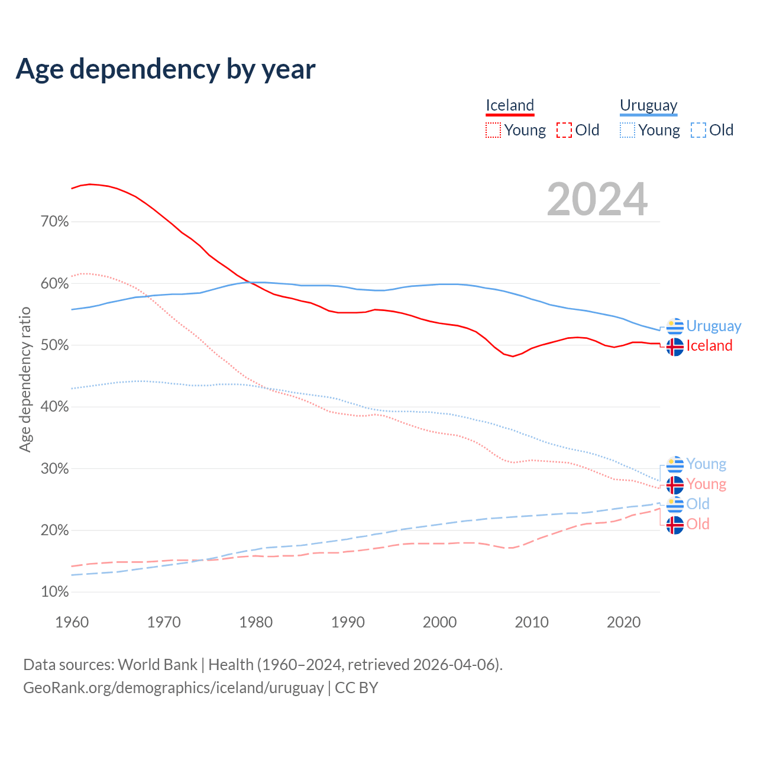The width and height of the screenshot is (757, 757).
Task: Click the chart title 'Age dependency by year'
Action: pos(166,69)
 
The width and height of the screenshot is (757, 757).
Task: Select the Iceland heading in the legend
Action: pos(510,105)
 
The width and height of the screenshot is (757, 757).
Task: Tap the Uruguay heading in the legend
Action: pos(648,105)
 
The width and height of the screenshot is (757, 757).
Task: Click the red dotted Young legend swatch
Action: pos(493,130)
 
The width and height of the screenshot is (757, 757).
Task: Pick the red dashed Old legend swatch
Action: pos(564,130)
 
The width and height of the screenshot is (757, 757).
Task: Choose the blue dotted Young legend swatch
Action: pos(627,130)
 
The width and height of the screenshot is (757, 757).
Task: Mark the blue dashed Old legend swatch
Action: pos(698,130)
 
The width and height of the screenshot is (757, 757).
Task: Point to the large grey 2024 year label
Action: pos(597,199)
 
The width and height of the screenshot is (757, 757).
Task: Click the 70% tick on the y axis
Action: pos(54,222)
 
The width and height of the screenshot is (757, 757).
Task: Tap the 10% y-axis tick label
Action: pos(54,592)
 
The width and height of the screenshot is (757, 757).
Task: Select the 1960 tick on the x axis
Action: pos(72,622)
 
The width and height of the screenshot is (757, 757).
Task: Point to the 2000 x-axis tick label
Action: pos(439,622)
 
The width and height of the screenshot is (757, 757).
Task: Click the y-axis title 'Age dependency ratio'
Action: pos(25,379)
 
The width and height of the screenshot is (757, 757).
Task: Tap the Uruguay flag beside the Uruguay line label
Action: pos(675,326)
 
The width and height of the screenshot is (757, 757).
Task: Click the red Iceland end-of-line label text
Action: pos(709,346)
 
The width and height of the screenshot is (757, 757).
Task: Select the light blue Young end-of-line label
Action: pos(706,464)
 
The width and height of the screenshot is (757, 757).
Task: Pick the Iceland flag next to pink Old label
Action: pos(675,525)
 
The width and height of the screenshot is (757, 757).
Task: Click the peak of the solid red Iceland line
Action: pos(90,184)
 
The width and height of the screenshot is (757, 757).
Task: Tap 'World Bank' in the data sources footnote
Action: pos(157,665)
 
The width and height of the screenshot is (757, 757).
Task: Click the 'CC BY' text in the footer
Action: pos(356,688)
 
